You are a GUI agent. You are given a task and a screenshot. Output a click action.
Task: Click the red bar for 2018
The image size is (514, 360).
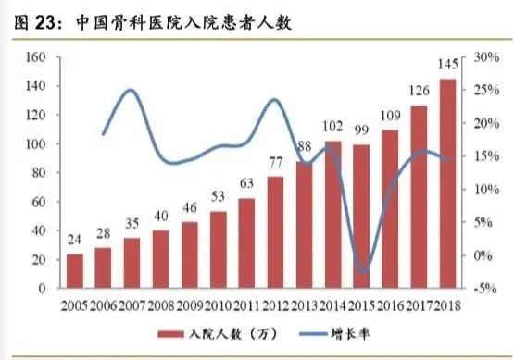point(447,185)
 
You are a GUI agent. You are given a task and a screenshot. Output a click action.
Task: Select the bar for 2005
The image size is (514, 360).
point(75,271)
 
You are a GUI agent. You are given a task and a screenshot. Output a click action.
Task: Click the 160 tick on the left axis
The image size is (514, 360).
point(36,57)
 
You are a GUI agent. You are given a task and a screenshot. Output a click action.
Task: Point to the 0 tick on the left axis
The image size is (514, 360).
point(43,288)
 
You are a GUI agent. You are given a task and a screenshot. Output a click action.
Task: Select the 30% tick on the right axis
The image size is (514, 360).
point(486,57)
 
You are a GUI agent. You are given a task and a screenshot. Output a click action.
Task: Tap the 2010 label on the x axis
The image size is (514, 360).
point(219,304)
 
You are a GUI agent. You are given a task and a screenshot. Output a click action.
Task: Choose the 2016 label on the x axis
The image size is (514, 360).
point(390,304)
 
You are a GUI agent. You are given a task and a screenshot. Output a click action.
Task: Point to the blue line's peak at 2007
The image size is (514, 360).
point(131,90)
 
